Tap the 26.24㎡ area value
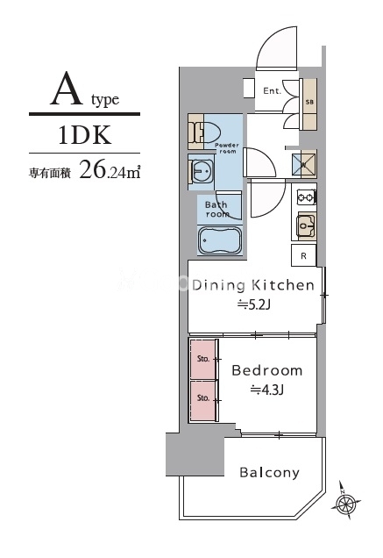110,169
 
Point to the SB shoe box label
309,102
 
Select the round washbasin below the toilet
201,168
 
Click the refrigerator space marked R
303,256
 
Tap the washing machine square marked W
303,163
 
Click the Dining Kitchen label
252,284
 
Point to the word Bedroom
266,370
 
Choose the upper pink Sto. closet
203,358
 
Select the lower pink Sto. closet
203,398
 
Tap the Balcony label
269,473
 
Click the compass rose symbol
347,504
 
